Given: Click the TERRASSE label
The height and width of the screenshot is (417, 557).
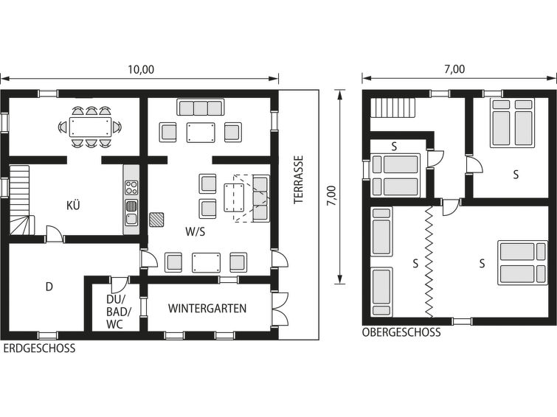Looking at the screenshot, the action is click(298, 179).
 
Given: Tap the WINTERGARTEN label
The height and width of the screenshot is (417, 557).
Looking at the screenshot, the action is click(207, 308).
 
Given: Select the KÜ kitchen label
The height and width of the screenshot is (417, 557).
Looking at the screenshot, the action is click(73, 205).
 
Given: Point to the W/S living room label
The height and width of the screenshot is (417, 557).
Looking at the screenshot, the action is click(196, 232).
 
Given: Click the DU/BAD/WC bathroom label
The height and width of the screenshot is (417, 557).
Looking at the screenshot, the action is click(118, 312).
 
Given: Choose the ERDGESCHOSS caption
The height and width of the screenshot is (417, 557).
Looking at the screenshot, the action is click(39, 348).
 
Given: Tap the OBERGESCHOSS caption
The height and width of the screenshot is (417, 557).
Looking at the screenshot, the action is click(401, 332).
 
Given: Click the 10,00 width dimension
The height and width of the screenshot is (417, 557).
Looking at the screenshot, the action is click(141, 69).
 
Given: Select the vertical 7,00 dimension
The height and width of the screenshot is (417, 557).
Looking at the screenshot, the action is click(331, 195).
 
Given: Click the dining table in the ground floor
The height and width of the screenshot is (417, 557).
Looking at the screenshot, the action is click(90, 127).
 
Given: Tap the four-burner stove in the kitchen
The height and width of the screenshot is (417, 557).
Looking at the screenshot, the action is click(131, 187).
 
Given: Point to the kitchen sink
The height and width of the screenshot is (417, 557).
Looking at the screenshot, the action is click(131, 212).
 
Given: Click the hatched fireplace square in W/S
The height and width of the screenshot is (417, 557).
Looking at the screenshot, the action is click(156, 220).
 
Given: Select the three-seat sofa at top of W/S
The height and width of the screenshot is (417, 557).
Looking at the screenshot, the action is click(201, 108).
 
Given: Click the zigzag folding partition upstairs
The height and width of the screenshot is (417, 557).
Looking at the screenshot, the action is click(429, 262).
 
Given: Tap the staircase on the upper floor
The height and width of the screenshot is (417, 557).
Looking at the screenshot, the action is click(393, 108).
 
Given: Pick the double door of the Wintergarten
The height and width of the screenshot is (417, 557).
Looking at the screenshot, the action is click(280, 308).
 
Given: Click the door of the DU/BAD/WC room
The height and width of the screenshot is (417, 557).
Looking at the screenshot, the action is click(119, 284).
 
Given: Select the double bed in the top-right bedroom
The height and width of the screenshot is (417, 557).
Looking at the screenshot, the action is click(512, 123).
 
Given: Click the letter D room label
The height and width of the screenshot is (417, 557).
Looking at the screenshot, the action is click(49, 287).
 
